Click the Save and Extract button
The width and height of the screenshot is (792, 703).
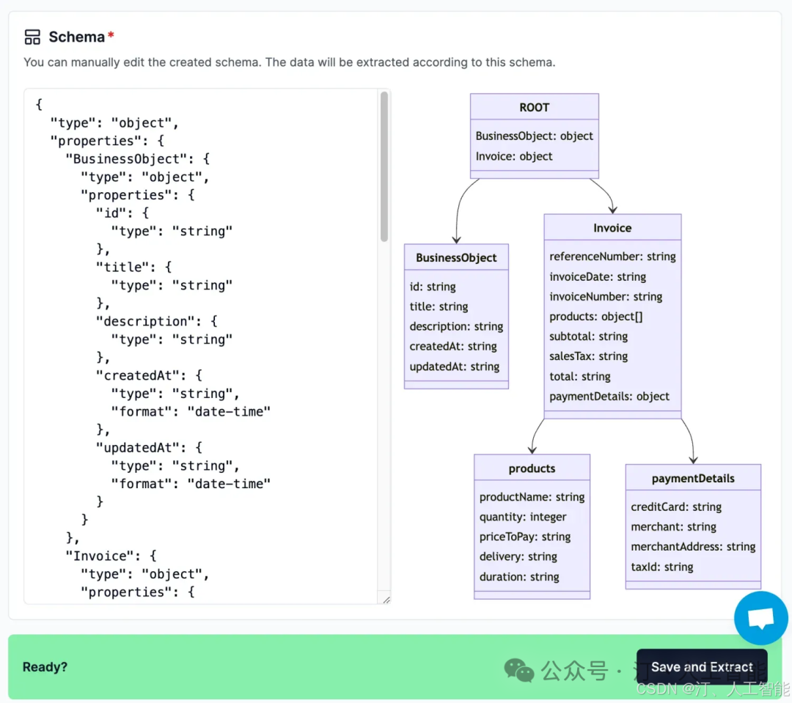[702, 666]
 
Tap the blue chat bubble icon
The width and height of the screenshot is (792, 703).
[760, 618]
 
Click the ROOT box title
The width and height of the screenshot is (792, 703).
[535, 107]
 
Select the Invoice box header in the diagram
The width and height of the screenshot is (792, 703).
[612, 228]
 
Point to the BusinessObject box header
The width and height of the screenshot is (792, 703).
[456, 257]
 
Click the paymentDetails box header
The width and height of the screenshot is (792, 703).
[693, 478]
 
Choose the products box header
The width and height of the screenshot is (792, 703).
[532, 468]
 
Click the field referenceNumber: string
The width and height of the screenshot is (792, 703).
[612, 257]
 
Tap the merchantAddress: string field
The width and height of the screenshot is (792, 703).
[693, 546]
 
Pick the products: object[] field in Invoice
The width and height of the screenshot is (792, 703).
[596, 317]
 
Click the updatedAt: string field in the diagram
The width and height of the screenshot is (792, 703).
[455, 367]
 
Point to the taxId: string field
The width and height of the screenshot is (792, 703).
[662, 567]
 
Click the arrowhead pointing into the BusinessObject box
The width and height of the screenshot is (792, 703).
[457, 240]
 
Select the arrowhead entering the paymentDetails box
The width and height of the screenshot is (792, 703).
[694, 460]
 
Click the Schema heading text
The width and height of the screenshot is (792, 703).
[77, 37]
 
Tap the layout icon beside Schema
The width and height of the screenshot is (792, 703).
[32, 37]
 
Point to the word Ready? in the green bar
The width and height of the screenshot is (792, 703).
[45, 666]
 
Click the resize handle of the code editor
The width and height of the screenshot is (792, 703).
[386, 600]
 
